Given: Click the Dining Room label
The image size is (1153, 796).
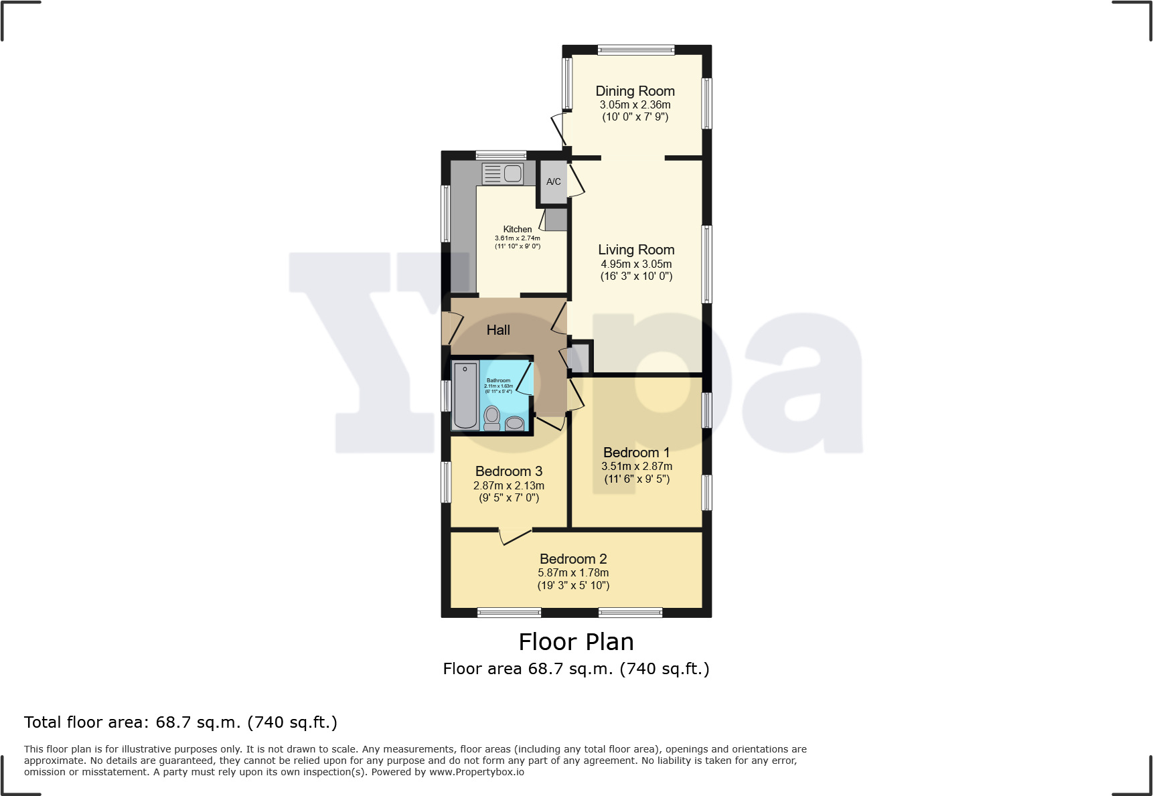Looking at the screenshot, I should point(635,91).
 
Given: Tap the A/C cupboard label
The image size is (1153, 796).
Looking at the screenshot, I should point(553,181).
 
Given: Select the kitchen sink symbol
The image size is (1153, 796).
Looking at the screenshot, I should point(503,174).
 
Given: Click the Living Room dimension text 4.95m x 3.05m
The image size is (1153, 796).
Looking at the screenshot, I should point(636,264).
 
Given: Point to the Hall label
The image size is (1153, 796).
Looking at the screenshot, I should point(498,330).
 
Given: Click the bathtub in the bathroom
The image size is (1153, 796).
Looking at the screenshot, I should point(465,395).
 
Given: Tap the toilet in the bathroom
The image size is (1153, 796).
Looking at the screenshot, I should point(492,417).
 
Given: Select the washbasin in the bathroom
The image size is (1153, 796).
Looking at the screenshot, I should point(514,422).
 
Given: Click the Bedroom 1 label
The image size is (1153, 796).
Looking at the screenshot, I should point(636,453).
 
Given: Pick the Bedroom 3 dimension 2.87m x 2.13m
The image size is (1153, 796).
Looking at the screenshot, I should point(509,485).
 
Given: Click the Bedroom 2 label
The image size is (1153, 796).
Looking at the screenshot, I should point(573,559).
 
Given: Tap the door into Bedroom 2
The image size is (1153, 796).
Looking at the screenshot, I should point(516,536).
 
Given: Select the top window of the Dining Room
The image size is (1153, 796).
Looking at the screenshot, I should point(635,50).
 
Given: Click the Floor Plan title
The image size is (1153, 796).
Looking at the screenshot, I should point(576,641).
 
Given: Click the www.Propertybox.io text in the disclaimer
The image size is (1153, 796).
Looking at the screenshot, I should point(476,772).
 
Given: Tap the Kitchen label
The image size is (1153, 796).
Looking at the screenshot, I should point(518,229).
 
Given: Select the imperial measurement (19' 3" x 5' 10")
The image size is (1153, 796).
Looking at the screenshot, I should point(573,585).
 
